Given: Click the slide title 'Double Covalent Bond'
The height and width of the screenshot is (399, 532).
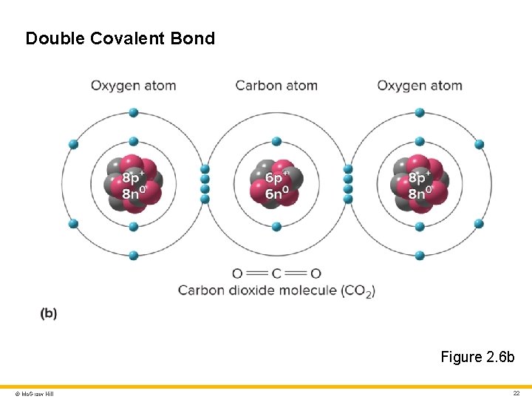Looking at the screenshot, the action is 120,38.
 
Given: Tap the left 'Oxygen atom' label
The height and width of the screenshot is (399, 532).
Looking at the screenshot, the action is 133,86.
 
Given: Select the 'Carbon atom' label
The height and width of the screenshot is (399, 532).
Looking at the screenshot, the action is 276,86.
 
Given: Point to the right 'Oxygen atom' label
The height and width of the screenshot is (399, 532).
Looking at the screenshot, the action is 420,86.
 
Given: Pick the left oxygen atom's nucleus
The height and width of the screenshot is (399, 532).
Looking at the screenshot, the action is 134,184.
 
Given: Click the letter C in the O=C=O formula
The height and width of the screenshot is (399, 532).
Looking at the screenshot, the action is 276,273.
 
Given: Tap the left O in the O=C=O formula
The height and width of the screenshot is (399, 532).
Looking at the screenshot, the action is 237,273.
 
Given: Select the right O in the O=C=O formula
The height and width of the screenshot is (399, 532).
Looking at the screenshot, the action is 316,273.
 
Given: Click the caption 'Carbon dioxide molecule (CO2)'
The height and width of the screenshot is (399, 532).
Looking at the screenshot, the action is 276,290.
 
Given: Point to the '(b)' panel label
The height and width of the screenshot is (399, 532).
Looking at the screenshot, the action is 49,313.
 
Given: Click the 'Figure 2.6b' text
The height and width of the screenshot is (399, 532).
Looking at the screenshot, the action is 477,357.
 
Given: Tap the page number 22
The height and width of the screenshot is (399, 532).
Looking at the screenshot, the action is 516,393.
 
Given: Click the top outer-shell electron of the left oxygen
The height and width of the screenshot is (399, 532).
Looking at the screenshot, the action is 134,112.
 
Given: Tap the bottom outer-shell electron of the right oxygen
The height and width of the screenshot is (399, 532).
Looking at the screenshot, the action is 420,256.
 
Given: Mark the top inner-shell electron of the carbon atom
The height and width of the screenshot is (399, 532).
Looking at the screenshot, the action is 276,141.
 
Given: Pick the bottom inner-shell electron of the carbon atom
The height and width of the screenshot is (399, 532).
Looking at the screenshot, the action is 276,227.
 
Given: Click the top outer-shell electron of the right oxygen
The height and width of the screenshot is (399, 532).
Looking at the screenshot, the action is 420,112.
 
